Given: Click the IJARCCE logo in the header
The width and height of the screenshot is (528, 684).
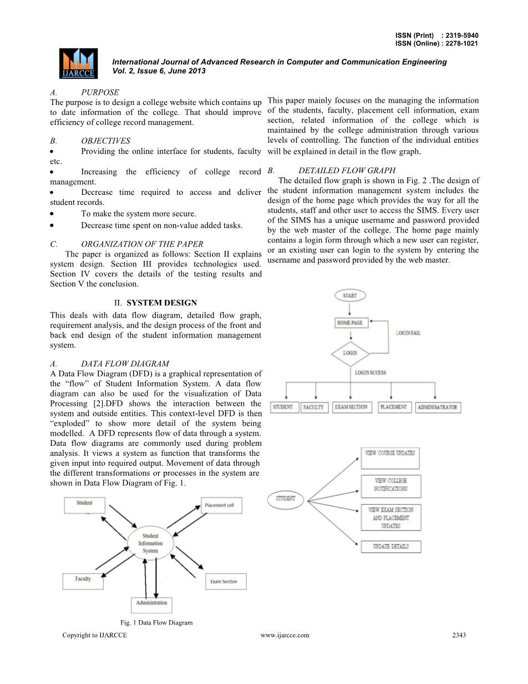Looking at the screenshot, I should click(78, 63).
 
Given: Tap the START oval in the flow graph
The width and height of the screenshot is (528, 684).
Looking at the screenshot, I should click(350, 295).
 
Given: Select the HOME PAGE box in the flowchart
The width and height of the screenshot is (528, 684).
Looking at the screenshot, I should click(350, 323).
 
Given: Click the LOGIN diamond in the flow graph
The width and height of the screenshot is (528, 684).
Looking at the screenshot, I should click(350, 353).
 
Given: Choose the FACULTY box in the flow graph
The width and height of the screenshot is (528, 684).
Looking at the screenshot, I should click(314, 408).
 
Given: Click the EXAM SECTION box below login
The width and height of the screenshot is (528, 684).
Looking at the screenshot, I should click(352, 407).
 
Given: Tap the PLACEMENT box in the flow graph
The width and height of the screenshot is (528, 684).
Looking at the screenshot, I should click(394, 407).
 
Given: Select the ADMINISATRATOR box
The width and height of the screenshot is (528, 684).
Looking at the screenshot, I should click(438, 408).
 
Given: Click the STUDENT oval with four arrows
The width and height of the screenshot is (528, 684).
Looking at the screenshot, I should click(286, 499).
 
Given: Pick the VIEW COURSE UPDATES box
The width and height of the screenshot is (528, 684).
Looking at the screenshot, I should click(390, 459).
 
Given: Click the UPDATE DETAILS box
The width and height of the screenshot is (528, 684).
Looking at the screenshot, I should click(390, 547).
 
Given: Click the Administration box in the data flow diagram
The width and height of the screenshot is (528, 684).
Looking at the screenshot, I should click(151, 603).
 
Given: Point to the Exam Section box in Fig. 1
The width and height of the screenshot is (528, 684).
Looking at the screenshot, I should click(225, 581).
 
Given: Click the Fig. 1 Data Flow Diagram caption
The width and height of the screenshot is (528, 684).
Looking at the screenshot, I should click(156, 622).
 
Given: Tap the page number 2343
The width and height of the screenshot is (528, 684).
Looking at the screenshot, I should click(459, 635).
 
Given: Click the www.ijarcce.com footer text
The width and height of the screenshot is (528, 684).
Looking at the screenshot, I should click(285, 635).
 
